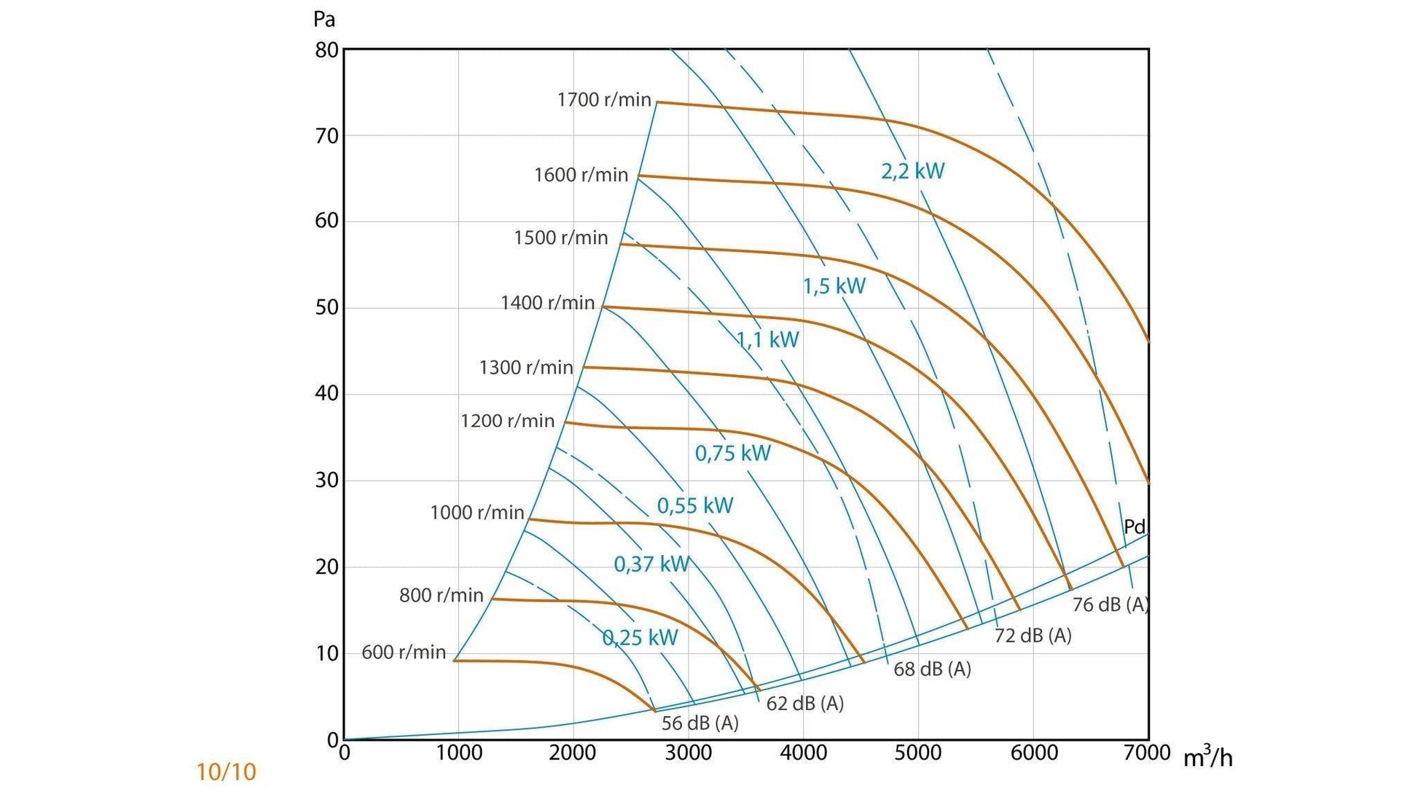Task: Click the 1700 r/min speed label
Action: [604, 100]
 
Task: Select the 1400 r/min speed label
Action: [547, 302]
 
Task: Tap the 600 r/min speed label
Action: [404, 652]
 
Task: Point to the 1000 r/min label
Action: [477, 512]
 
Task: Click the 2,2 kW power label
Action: [912, 171]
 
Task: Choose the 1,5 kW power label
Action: [834, 286]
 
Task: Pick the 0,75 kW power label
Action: [732, 453]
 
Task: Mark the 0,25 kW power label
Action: [640, 638]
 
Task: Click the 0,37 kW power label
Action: [651, 564]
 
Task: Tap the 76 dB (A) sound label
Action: [1110, 605]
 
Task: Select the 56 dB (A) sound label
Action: [700, 723]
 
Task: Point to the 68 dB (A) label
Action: [932, 669]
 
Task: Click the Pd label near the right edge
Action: [1135, 526]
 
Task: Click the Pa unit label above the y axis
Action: [324, 19]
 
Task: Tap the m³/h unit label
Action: [1207, 757]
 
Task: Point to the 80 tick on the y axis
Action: [327, 50]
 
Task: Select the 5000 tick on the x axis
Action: [917, 752]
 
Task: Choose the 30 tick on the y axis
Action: [327, 480]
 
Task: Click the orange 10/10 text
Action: [226, 772]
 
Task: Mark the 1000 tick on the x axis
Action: [458, 752]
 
